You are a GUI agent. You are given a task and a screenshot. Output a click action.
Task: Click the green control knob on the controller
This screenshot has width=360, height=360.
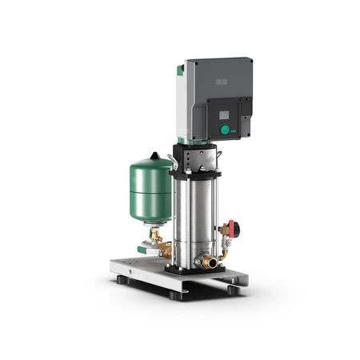pyautogui.click(x=225, y=129)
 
